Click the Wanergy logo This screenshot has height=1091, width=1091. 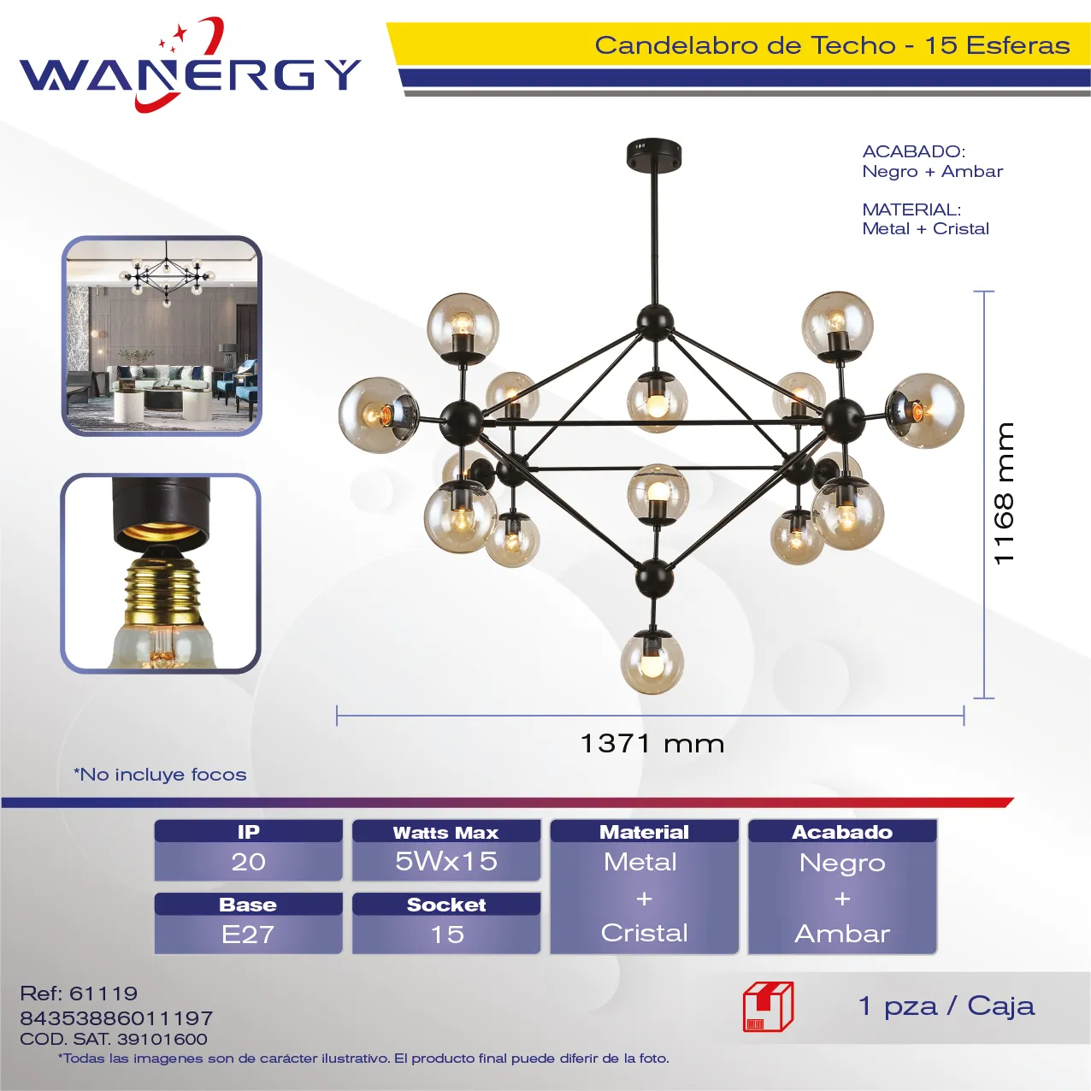pyautogui.click(x=190, y=67)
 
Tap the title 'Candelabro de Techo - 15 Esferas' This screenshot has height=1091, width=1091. pyautogui.click(x=832, y=45)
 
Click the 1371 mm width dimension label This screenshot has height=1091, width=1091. pyautogui.click(x=652, y=743)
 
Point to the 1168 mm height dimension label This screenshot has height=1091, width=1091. pyautogui.click(x=1005, y=493)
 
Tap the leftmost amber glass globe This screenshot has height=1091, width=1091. pyautogui.click(x=378, y=415)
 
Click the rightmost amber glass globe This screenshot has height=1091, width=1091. pyautogui.click(x=925, y=410)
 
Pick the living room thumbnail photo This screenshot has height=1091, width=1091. pyautogui.click(x=162, y=335)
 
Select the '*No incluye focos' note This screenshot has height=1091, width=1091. pyautogui.click(x=160, y=774)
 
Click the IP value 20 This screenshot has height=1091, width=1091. pyautogui.click(x=248, y=862)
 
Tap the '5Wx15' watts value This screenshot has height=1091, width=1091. pyautogui.click(x=446, y=861)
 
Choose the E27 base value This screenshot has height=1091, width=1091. pyautogui.click(x=248, y=934)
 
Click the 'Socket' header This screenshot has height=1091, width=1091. pyautogui.click(x=446, y=904)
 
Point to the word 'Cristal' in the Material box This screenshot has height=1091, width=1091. pyautogui.click(x=645, y=933)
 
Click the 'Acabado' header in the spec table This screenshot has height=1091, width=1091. pyautogui.click(x=842, y=832)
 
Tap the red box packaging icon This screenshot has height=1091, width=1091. pyautogui.click(x=768, y=1006)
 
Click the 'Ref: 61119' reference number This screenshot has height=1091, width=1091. pyautogui.click(x=79, y=993)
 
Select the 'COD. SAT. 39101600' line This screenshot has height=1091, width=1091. pyautogui.click(x=114, y=1039)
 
